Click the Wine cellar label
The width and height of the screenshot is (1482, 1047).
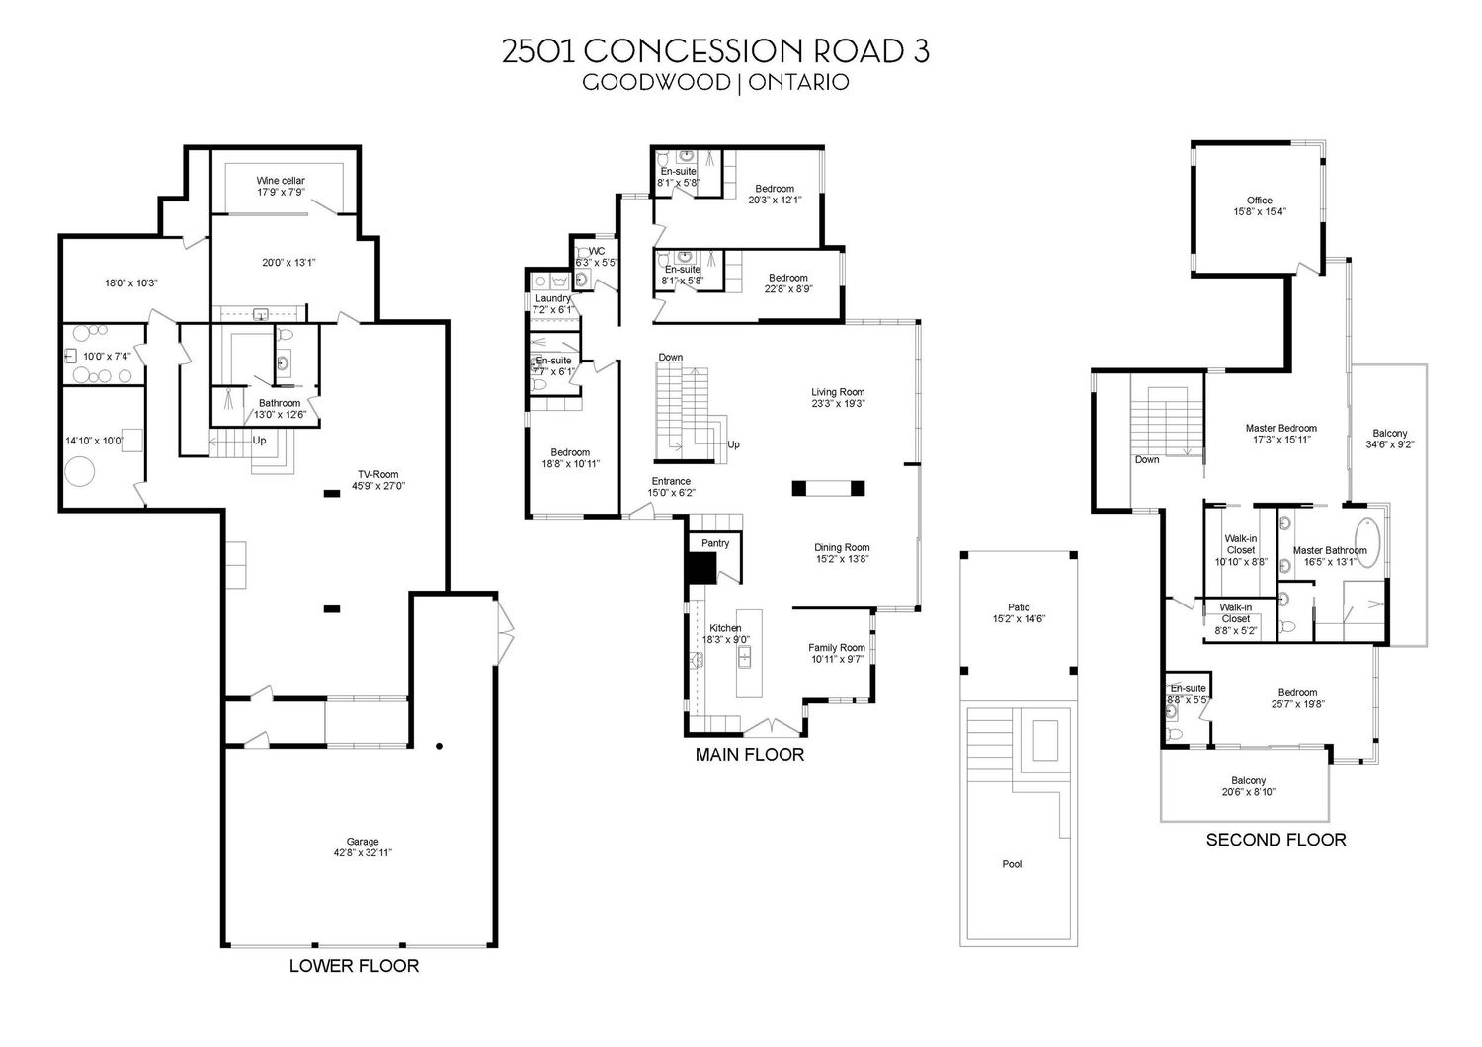click(x=281, y=181)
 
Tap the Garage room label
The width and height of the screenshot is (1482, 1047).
click(x=363, y=842)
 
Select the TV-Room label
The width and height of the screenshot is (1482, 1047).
click(x=377, y=474)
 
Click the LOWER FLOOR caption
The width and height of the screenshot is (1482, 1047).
click(x=354, y=966)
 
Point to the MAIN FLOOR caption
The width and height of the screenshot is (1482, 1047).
click(x=750, y=754)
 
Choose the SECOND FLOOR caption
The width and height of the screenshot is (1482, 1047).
click(x=1276, y=840)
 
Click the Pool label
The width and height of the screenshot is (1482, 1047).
click(x=1013, y=864)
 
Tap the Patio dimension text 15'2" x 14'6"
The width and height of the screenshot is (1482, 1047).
click(x=1019, y=619)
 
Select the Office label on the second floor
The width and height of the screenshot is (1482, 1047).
click(x=1260, y=201)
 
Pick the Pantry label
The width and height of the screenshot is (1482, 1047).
click(x=715, y=543)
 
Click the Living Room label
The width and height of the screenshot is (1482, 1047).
click(x=838, y=392)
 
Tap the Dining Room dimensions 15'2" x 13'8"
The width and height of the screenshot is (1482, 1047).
click(x=842, y=559)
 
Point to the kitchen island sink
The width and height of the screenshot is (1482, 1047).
click(x=745, y=658)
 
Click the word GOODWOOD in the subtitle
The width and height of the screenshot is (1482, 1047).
click(x=656, y=82)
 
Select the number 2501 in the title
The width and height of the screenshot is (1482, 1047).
click(x=537, y=51)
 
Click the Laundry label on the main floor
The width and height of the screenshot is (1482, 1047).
click(x=553, y=298)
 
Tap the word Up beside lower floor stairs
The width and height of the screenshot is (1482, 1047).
click(x=259, y=440)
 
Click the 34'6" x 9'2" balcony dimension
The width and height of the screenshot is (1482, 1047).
click(x=1390, y=444)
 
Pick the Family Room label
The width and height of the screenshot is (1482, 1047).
click(x=837, y=648)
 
